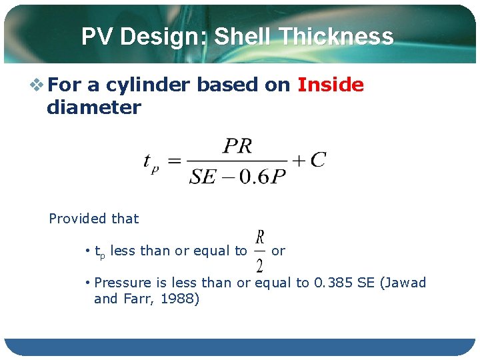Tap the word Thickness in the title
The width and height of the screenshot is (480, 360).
pos(336,36)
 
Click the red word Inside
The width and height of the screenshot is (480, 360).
pos(331,85)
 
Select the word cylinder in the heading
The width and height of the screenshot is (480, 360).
pos(148,85)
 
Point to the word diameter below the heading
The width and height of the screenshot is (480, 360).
pos(93,107)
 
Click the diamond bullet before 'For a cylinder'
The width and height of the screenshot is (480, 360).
pos(37,85)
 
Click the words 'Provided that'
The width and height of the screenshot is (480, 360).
pos(94,219)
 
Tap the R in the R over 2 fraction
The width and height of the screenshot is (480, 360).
pos(259,237)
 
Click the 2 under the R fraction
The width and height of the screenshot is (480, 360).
pos(259,265)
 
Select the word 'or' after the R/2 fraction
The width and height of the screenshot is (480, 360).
pos(278,251)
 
